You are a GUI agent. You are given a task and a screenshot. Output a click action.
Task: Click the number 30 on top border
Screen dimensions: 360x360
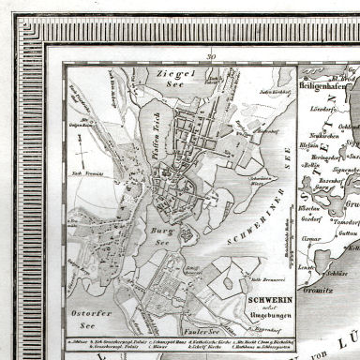pyautogui.click(x=213, y=58)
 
